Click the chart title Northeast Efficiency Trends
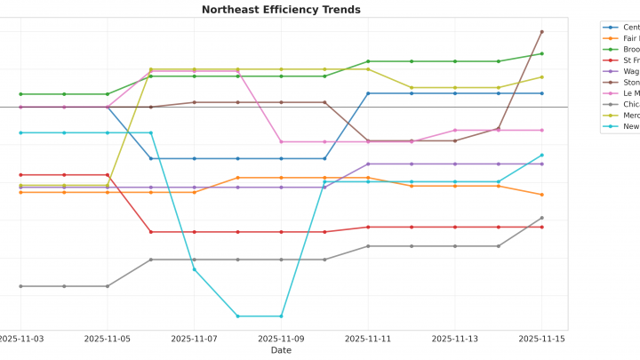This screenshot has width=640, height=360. pyautogui.click(x=281, y=10)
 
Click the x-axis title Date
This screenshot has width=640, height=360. pyautogui.click(x=281, y=350)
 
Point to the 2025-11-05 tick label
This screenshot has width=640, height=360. pyautogui.click(x=108, y=339)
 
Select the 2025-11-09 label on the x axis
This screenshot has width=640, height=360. pyautogui.click(x=281, y=339)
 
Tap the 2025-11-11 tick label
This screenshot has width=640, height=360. pyautogui.click(x=368, y=339)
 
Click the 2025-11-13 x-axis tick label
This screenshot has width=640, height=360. pyautogui.click(x=455, y=339)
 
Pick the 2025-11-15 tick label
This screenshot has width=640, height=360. pyautogui.click(x=542, y=339)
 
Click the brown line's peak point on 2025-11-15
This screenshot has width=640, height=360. pyautogui.click(x=542, y=32)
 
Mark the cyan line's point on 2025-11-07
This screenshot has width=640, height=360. pyautogui.click(x=195, y=269)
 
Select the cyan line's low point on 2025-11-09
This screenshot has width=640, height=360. pyautogui.click(x=282, y=316)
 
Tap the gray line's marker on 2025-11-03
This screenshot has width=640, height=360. pyautogui.click(x=20, y=286)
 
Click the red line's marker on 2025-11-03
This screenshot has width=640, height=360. pyautogui.click(x=20, y=175)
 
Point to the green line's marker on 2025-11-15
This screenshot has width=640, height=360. pyautogui.click(x=542, y=53)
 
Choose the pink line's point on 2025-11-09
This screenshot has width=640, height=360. pyautogui.click(x=282, y=141)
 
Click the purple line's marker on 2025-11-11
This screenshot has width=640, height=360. pyautogui.click(x=368, y=164)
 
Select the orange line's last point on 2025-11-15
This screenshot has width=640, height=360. pyautogui.click(x=542, y=195)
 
